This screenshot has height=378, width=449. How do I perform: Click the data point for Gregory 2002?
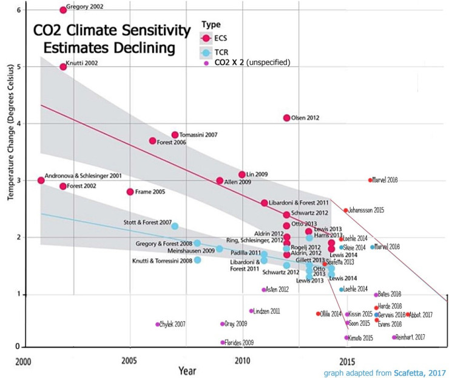point(63,10)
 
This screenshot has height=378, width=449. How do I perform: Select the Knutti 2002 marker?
point(63,66)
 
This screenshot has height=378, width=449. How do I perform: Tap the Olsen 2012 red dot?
point(286,118)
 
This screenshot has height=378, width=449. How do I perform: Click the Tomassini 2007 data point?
point(175,135)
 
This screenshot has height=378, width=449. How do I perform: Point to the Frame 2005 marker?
point(130,192)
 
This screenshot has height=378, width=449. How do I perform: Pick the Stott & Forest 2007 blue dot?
point(175,226)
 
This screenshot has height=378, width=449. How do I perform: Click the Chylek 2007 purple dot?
point(158,325)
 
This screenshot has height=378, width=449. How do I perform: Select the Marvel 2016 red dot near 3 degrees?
point(370,180)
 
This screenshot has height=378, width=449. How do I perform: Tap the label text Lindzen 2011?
point(266,311)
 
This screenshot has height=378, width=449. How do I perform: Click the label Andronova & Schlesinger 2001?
point(83,175)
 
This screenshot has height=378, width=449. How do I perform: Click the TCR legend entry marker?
point(208,52)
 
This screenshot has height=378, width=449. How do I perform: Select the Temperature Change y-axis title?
point(8,182)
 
